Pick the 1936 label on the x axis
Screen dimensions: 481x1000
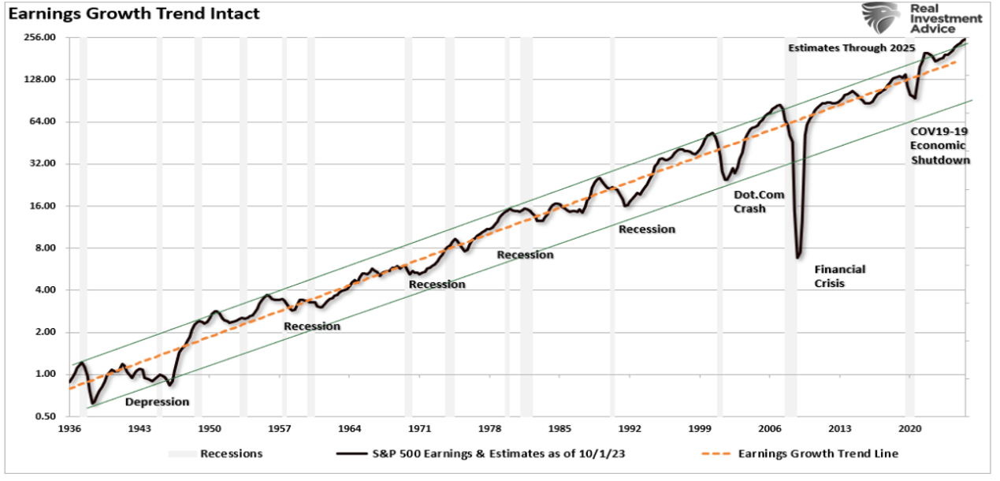tap(69, 429)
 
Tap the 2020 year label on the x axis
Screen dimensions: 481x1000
tap(910, 429)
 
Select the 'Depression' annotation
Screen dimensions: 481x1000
tap(158, 401)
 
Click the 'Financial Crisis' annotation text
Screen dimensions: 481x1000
tap(839, 276)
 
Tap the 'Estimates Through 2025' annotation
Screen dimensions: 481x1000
tap(851, 48)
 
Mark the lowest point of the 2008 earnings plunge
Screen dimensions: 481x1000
tap(798, 257)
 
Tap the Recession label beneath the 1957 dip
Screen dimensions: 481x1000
tap(312, 326)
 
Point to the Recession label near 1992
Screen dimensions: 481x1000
tap(647, 229)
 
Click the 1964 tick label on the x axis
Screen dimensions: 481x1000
tap(350, 429)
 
